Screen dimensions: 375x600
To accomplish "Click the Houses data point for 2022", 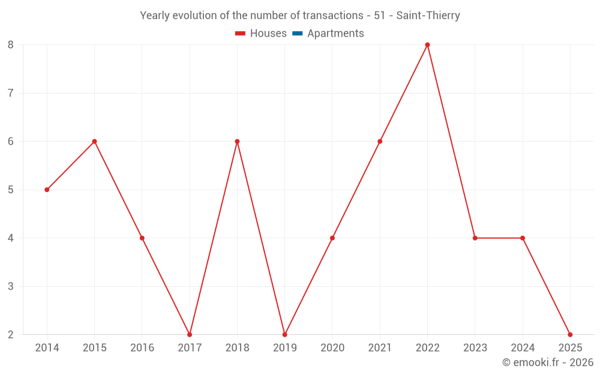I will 427,45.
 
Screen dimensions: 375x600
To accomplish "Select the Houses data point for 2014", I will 47,190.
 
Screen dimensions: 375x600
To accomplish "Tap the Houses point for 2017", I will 190,334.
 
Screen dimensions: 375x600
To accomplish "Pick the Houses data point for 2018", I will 237,142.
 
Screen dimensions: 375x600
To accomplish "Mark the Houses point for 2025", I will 570,334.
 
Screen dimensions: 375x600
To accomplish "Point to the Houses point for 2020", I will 332,238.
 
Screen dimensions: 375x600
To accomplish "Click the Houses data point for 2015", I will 94,142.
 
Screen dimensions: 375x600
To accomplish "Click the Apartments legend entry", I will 335,34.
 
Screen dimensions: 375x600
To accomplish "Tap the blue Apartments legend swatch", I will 297,34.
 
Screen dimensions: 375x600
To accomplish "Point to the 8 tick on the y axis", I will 11,45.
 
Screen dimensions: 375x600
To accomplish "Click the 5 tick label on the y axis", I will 11,190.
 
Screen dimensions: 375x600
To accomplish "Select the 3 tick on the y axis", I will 11,286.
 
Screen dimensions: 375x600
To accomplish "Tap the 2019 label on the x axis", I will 284,348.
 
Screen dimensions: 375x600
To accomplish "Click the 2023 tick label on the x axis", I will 475,348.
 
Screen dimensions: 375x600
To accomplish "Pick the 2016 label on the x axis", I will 142,348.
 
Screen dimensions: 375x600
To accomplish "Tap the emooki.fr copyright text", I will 548,362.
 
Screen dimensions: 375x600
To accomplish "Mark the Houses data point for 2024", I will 523,238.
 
